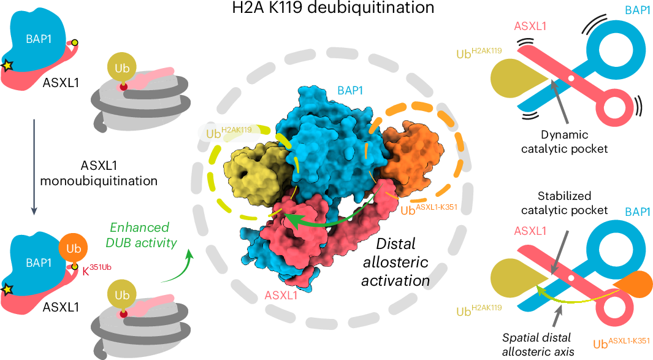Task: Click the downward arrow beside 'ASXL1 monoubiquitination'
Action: pos(34,166)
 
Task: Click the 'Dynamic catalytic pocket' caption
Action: pos(565,140)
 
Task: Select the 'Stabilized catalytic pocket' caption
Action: pos(565,204)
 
